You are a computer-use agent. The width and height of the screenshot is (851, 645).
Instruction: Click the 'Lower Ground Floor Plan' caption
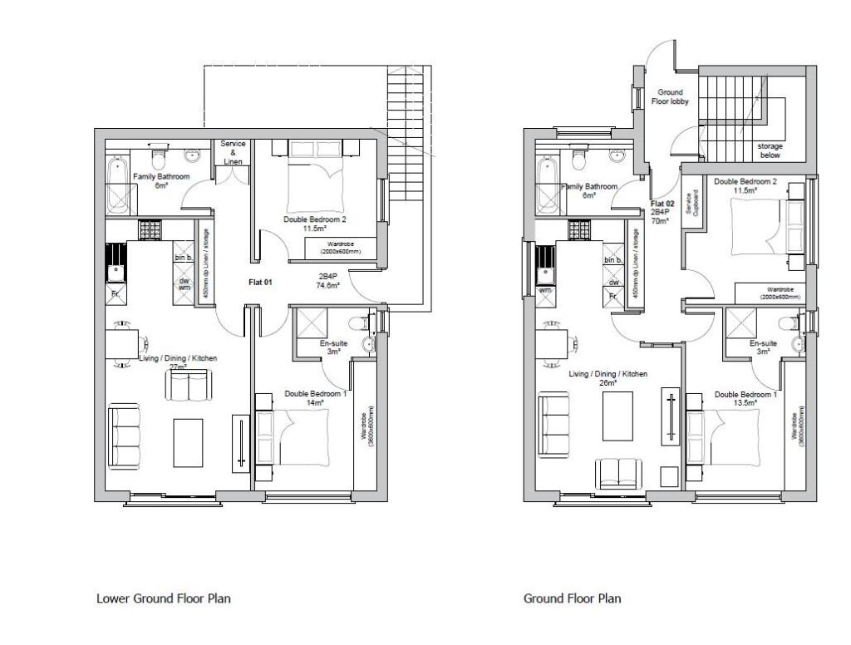(163, 598)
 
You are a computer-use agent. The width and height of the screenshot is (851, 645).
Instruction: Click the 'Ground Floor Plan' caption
(572, 598)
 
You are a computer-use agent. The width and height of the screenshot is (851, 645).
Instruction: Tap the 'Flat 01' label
(261, 283)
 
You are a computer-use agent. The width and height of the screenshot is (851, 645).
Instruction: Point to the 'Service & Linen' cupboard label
(233, 152)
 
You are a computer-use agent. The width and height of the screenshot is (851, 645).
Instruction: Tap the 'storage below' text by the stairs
(770, 150)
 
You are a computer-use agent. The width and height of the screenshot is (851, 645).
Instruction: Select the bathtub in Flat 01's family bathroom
(117, 186)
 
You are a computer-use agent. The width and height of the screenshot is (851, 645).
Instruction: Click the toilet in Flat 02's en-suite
(785, 323)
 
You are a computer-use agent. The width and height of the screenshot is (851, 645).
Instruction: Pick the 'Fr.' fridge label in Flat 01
(116, 293)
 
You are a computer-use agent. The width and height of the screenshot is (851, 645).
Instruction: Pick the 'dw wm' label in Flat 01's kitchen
(182, 283)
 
